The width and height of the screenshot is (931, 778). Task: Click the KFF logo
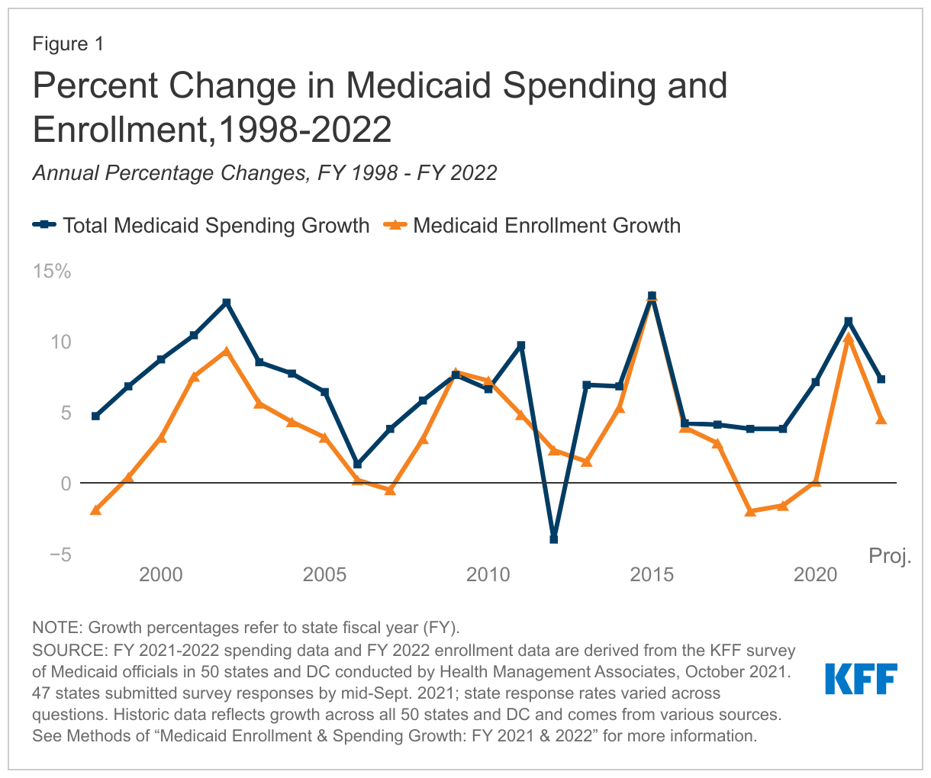[x=861, y=678]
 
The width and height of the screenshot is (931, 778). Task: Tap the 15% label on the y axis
[x=51, y=271]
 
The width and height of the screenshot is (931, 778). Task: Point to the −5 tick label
[x=56, y=555]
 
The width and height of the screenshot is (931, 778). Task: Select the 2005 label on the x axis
[x=324, y=574]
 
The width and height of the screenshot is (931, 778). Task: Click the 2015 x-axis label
[x=652, y=574]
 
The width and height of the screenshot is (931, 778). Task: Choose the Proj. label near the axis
[x=890, y=556]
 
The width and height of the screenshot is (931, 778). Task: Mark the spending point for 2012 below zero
[x=554, y=539]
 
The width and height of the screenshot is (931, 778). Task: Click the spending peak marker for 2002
[x=227, y=303]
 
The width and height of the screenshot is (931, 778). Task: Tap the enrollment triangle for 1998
[x=95, y=510]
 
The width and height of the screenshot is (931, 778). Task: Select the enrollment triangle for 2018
[x=750, y=512]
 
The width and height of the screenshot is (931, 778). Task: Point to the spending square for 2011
[x=521, y=346]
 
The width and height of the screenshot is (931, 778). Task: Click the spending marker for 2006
[x=358, y=465]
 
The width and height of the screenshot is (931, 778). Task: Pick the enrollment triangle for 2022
[x=881, y=420]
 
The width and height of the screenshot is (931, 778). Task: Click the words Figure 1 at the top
[x=68, y=44]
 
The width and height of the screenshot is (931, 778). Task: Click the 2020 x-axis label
[x=816, y=574]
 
